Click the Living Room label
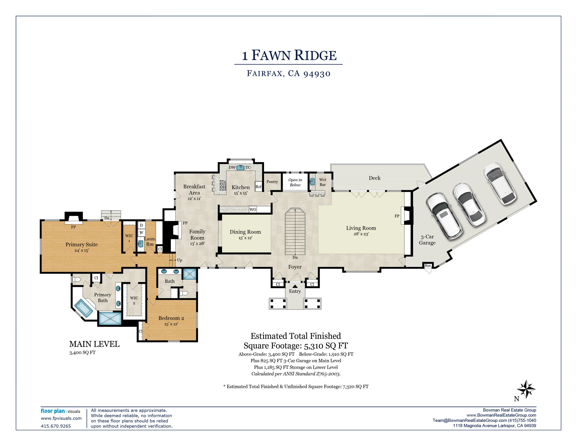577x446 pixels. [361, 228]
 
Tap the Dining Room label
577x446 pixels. [245, 232]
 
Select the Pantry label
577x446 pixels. [272, 182]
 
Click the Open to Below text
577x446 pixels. [295, 182]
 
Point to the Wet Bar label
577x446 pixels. [323, 182]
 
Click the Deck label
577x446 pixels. [375, 178]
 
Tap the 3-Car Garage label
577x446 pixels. [427, 240]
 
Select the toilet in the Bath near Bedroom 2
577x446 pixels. [184, 293]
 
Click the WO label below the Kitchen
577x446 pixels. [253, 210]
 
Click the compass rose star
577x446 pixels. [526, 389]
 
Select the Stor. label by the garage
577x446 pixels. [428, 265]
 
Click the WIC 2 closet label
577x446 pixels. [134, 300]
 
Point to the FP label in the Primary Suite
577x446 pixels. [73, 227]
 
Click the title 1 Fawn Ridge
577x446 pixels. [289, 55]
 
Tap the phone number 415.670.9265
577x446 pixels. [56, 426]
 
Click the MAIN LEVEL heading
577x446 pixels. [94, 344]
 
